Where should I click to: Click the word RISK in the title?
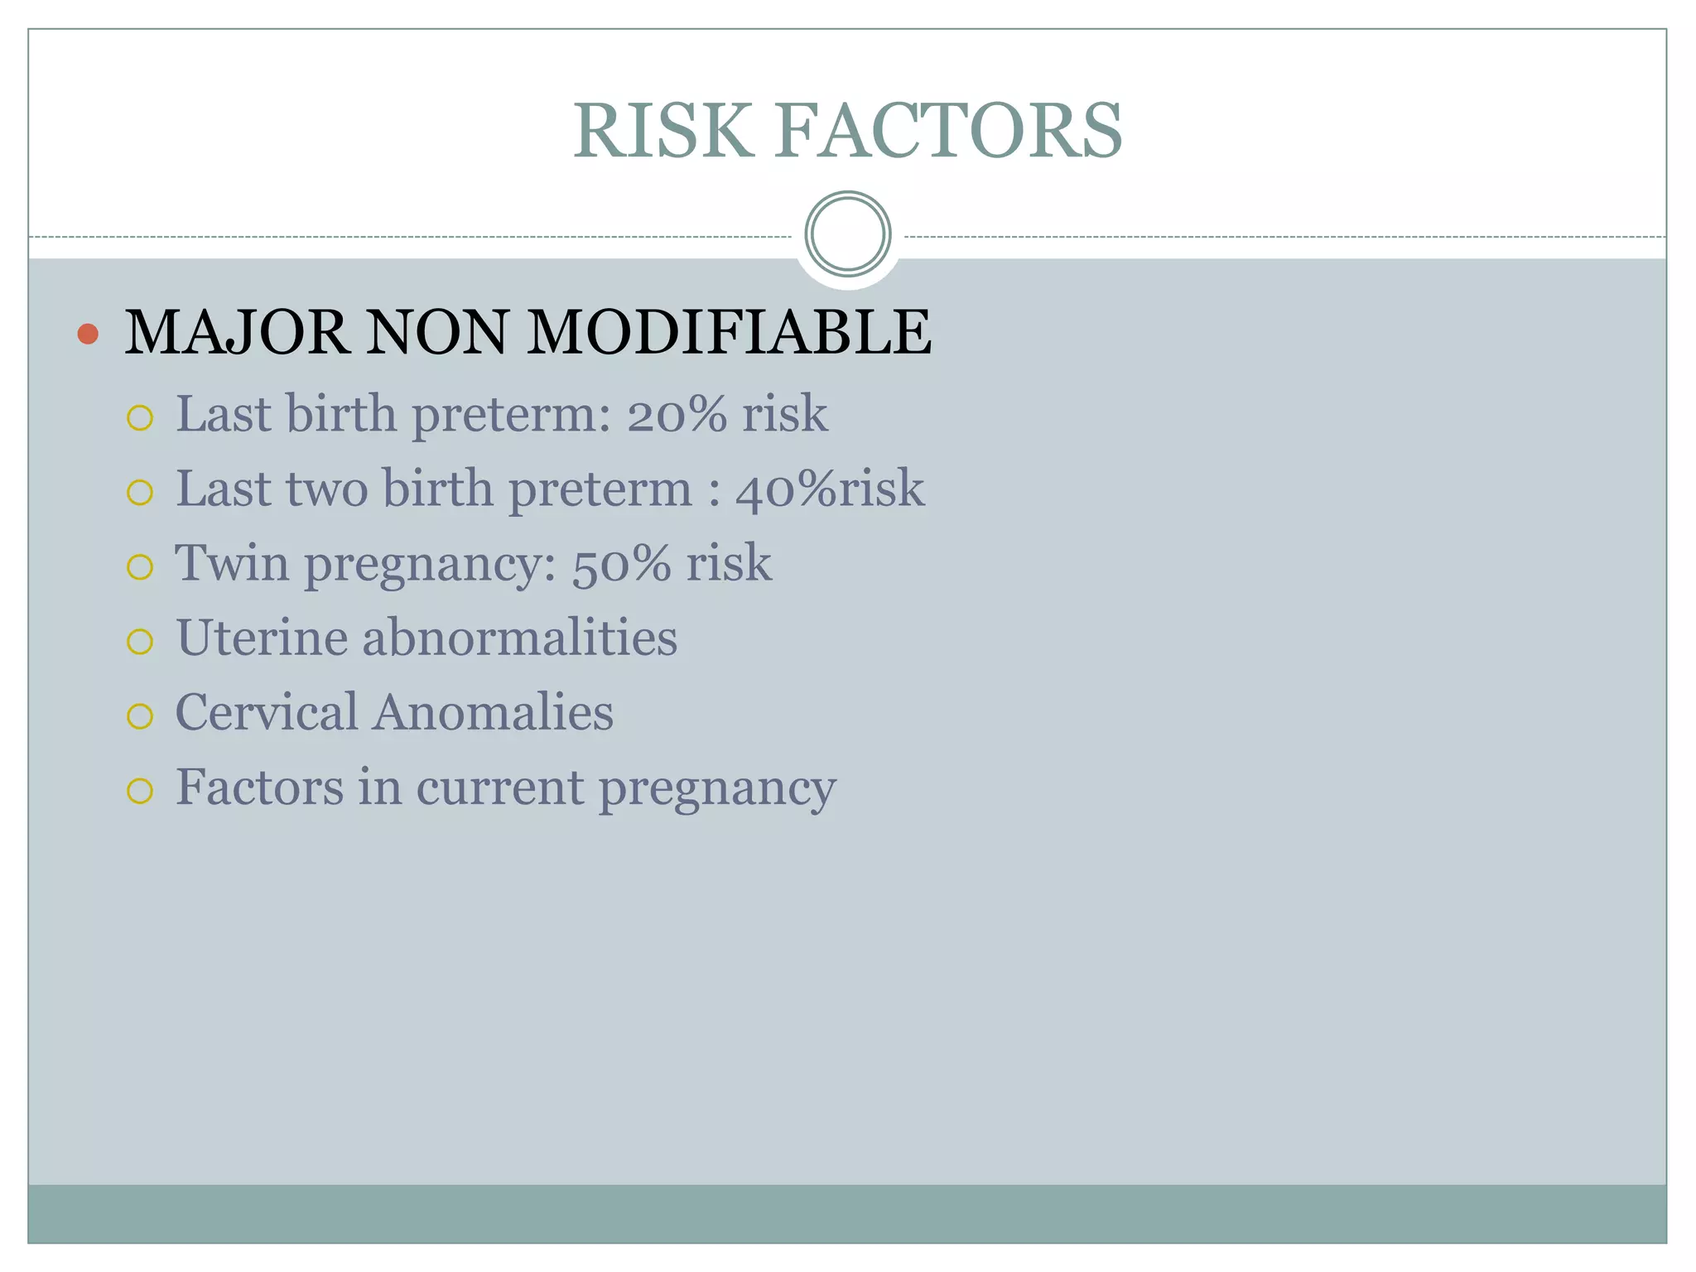pos(663,131)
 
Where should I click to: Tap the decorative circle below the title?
pos(847,234)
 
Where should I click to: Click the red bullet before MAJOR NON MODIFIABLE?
pos(88,334)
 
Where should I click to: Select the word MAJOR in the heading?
pos(236,333)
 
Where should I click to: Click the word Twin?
pos(232,563)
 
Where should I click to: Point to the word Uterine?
pos(262,638)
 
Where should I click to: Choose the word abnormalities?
pos(519,638)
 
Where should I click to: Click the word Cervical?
pos(267,712)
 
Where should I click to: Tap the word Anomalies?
pos(493,712)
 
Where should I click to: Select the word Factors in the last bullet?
pos(259,787)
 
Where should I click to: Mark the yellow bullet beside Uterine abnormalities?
pos(140,641)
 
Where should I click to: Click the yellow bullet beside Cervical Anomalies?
pos(140,715)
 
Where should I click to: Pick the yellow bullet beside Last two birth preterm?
pos(140,493)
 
